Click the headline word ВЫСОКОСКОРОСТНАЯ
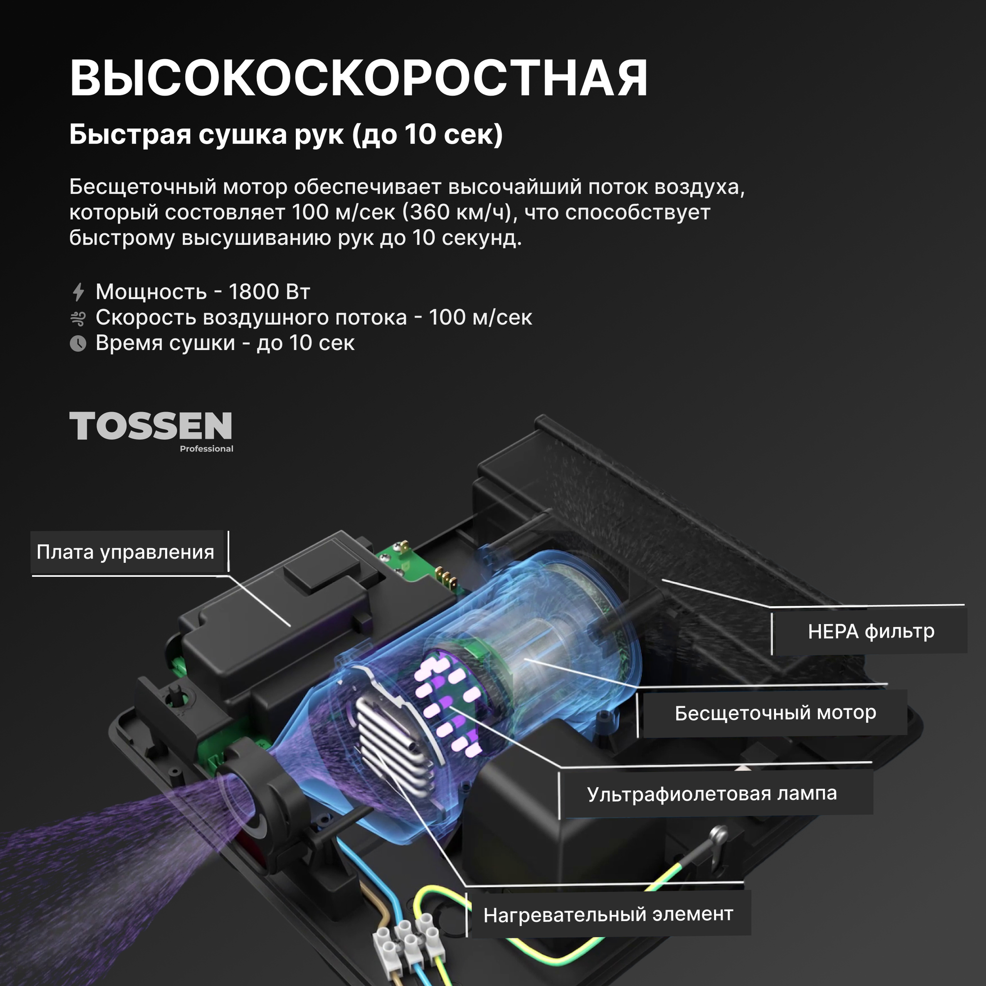pos(358,78)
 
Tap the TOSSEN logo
pos(150,426)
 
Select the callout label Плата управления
pos(125,552)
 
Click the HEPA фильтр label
pos(871,632)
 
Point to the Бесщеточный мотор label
pos(775,713)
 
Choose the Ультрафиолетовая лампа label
pos(711,794)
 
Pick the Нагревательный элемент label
pos(608,915)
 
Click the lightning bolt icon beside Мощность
pos(78,292)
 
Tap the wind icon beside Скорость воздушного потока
pos(78,318)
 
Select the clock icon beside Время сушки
pos(78,344)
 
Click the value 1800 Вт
pos(269,292)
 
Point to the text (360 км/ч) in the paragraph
pos(457,212)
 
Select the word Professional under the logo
pos(206,449)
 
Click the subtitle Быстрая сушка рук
pos(207,135)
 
